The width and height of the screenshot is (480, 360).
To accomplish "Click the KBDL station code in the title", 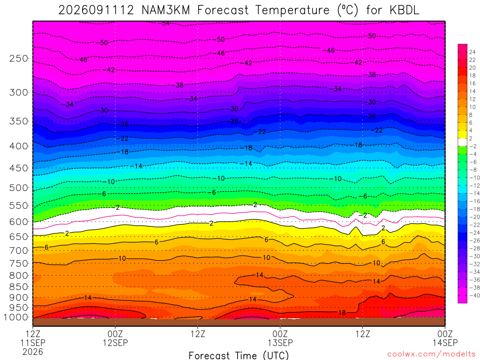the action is (x=404, y=10).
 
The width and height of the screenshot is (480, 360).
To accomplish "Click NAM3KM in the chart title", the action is (x=165, y=10).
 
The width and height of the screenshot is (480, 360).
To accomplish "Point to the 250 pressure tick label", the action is (x=19, y=58).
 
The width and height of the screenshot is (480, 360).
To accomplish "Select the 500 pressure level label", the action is (x=19, y=187).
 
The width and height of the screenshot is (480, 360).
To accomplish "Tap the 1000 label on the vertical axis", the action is (x=16, y=317).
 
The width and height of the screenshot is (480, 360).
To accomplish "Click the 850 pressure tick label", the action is (x=19, y=287).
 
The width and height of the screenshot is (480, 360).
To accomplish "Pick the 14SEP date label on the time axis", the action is (x=445, y=343).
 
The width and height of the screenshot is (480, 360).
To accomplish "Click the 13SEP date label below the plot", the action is (x=280, y=343).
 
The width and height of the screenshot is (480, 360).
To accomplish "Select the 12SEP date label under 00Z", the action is (x=115, y=343).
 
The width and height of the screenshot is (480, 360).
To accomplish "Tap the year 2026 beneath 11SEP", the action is (x=33, y=352).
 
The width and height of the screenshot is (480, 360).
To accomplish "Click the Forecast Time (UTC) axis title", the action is (x=239, y=355).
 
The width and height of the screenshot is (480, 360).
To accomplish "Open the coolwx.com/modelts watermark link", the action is (x=431, y=354).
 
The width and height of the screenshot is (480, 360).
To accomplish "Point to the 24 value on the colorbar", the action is (x=472, y=52).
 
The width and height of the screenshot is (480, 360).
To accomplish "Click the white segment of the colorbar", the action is (x=462, y=142).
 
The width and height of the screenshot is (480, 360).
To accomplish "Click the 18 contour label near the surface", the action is (x=342, y=313).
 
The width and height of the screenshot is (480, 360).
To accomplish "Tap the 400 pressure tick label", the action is (x=19, y=146).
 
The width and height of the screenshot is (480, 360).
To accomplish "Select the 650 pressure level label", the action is (x=19, y=237).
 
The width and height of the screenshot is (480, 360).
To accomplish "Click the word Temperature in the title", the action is (x=292, y=10).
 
